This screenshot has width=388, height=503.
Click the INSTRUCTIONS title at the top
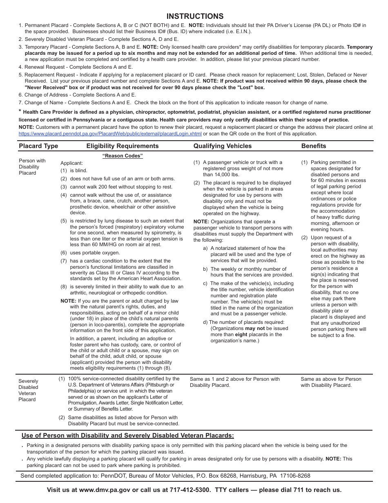pos(195,16)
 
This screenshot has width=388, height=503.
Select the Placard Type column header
pos(38,146)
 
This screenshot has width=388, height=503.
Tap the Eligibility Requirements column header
pos(122,146)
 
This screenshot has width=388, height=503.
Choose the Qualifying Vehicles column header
pos(222,146)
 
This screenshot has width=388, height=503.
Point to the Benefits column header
pos(313,146)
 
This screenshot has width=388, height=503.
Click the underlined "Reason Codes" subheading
pos(122,156)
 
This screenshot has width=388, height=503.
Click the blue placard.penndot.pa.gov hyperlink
pos(110,134)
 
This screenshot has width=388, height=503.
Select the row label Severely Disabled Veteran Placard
pos(28,390)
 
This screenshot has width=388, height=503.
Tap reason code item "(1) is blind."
pos(74,171)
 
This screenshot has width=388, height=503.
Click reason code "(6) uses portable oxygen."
pos(90,253)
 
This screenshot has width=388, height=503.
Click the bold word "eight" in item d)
pos(241,335)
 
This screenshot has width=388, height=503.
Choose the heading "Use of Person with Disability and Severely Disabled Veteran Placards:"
pos(127,436)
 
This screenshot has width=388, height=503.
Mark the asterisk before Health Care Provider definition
pos(20,112)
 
